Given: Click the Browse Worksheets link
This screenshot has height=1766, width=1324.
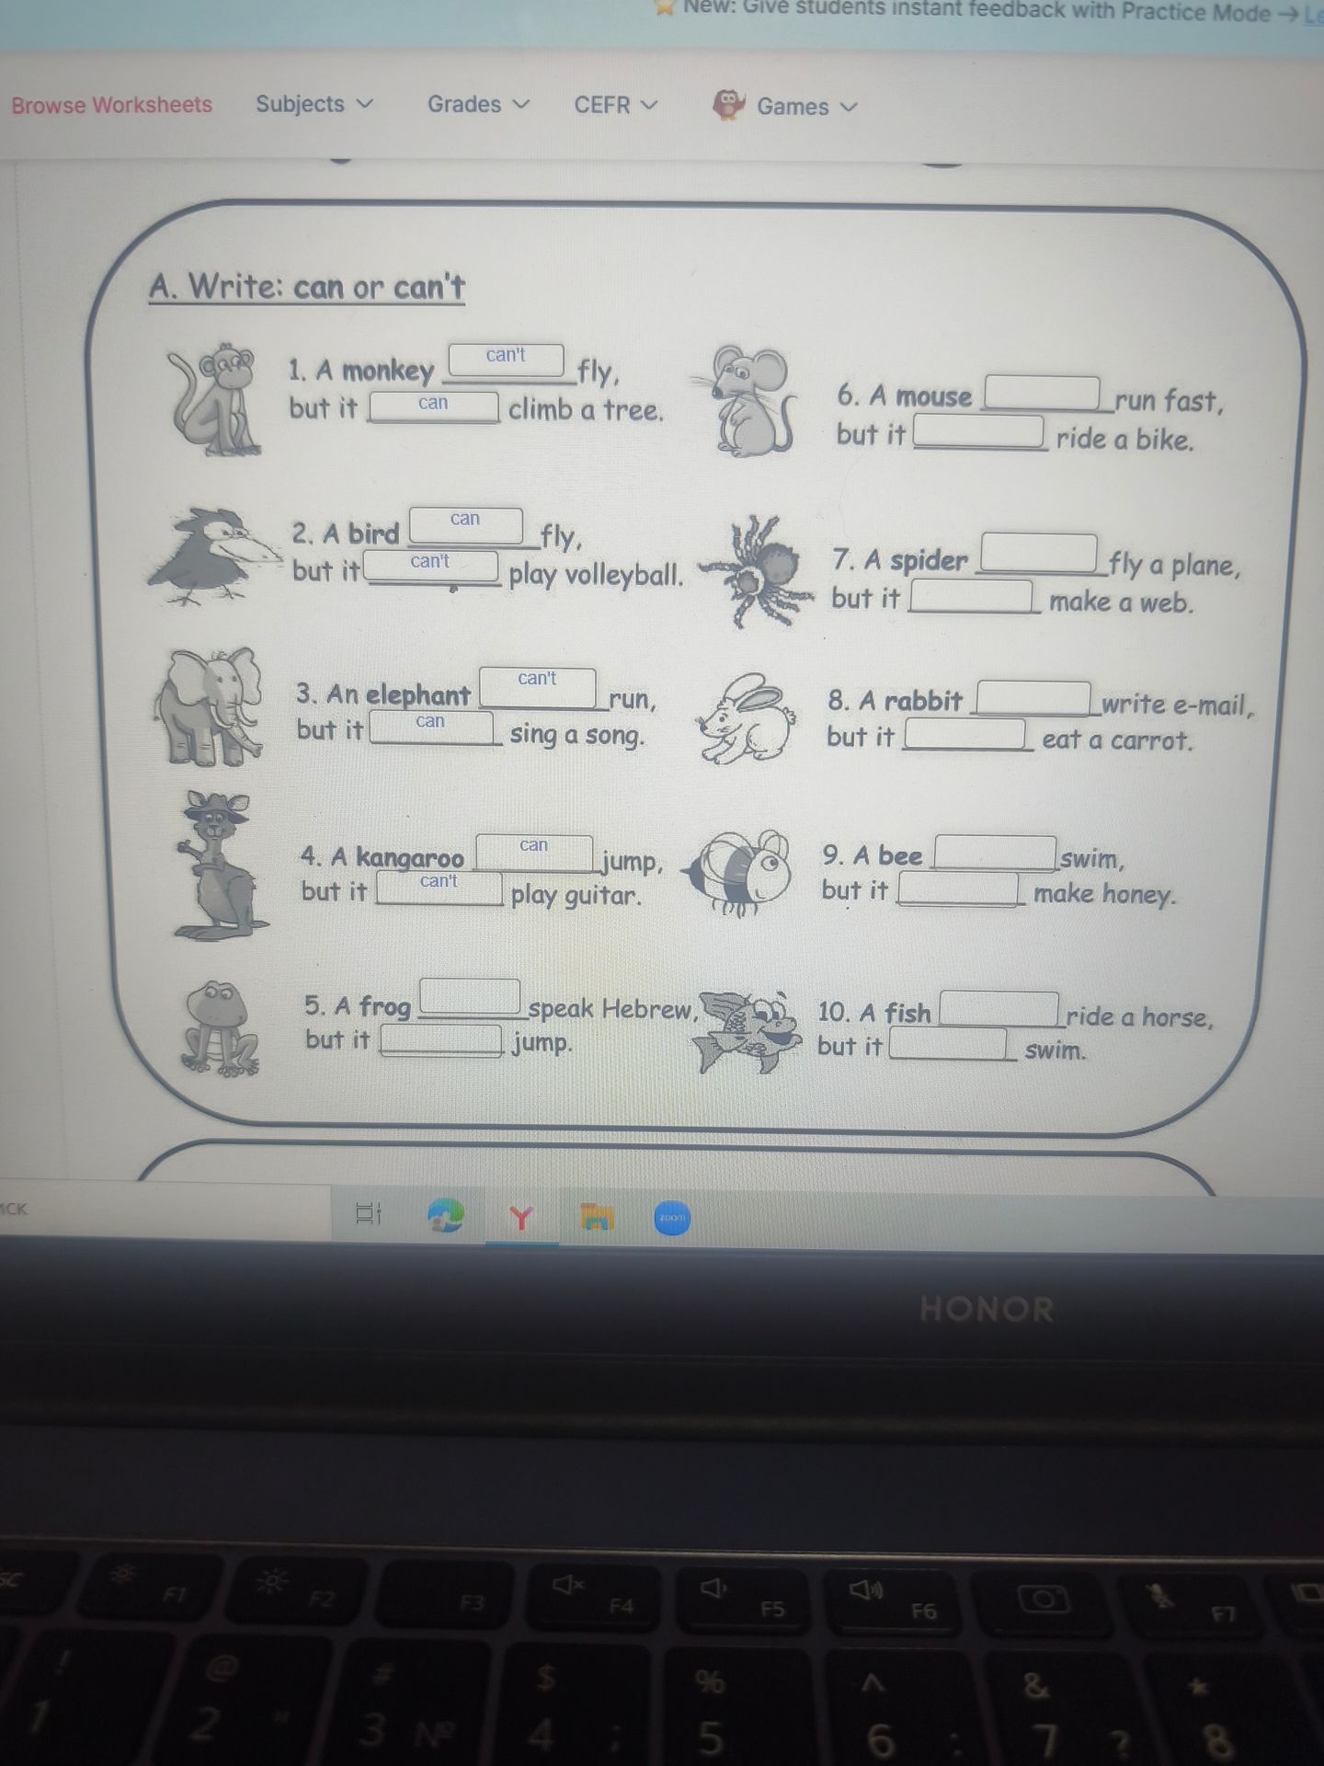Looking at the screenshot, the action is tap(111, 105).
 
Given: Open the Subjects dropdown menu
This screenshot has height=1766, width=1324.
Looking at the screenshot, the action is tap(314, 104).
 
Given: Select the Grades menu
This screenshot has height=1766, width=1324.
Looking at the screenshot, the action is tap(478, 104).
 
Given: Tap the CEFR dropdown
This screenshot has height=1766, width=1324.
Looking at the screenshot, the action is tap(616, 105).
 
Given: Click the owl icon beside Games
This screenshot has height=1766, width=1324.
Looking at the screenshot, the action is tap(728, 105).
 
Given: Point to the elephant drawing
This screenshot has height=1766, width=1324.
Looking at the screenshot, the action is tap(209, 706).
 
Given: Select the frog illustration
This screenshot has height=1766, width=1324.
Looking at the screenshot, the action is tap(220, 1028).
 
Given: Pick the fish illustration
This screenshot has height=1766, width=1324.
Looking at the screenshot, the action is tap(748, 1031).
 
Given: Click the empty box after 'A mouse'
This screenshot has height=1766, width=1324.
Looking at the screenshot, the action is tap(1043, 393).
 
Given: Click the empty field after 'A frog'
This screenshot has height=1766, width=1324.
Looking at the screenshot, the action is tap(470, 997).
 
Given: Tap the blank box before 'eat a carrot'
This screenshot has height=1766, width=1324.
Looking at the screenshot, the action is tap(964, 735).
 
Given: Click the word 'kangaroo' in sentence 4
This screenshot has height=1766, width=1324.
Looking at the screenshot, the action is tap(410, 858).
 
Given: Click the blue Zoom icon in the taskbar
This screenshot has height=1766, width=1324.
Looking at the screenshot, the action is tap(672, 1218).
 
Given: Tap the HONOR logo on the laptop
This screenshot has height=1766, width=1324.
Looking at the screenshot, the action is tap(987, 1310).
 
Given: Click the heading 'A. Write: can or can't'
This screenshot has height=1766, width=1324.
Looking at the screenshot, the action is tap(307, 287).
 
